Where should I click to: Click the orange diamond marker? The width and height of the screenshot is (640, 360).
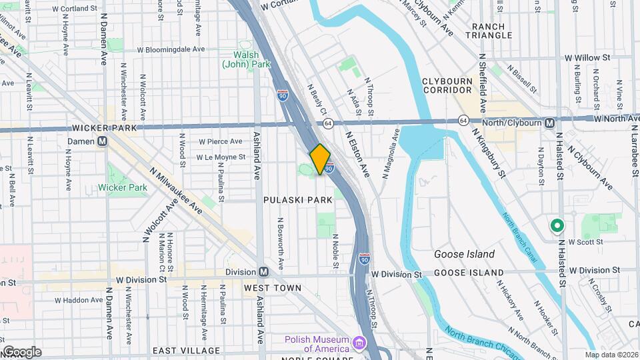pos(320,159)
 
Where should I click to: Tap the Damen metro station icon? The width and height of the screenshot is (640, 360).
pos(103,141)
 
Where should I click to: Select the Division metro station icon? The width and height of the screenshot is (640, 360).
pos(264,272)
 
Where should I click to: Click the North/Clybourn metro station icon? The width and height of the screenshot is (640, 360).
pos(549,123)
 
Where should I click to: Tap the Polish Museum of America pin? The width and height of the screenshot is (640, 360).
pos(359,343)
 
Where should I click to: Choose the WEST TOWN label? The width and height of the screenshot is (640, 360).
pos(273,288)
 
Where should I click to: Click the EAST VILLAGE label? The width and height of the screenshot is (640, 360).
pos(186,351)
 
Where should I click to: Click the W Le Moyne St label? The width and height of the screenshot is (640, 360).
pos(221,157)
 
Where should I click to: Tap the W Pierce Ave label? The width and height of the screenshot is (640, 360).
pos(221,141)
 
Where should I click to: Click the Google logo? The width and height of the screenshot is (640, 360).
pos(21,352)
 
